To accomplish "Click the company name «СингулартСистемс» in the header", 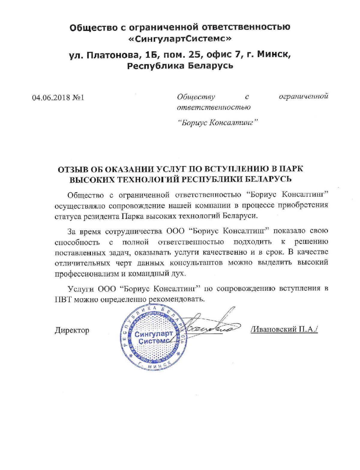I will click(180, 39).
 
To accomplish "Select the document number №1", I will click(78, 98).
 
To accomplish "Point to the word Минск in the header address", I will click(274, 55).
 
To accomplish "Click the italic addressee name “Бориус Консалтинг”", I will click(218, 123).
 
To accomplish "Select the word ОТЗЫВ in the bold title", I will click(74, 169).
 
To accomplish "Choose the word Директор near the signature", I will click(72, 330).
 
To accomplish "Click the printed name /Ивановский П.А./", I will click(284, 329).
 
